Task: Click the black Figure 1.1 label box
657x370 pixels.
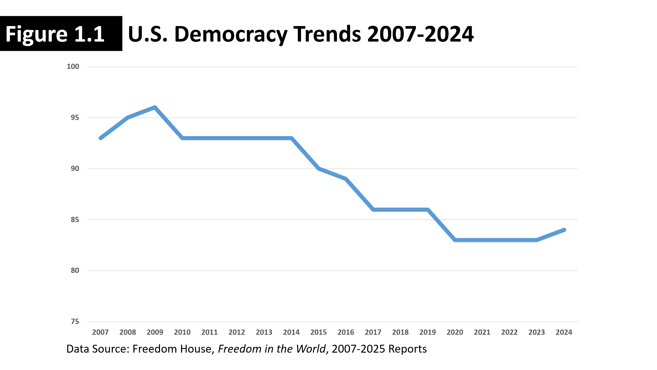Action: point(61,34)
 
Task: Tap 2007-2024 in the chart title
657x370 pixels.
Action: point(420,34)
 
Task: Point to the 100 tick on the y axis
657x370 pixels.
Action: point(73,67)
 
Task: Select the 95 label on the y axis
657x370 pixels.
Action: point(75,118)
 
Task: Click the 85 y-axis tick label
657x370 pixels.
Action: point(75,219)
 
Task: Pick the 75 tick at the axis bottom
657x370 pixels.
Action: point(75,321)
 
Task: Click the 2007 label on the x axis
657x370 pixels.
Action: point(100,332)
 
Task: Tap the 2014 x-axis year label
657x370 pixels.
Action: point(291,332)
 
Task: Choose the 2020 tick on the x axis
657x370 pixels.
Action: point(455,332)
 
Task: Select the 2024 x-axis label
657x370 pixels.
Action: point(564,332)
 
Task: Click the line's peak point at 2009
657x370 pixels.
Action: point(155,107)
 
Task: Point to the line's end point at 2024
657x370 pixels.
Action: point(564,230)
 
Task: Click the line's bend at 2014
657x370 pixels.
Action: point(291,138)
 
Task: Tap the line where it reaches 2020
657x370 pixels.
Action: point(455,240)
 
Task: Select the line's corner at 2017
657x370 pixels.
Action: point(373,209)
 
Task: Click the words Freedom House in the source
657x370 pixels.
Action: point(172,349)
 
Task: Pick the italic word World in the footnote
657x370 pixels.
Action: point(311,349)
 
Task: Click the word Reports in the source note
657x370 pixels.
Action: point(408,349)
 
